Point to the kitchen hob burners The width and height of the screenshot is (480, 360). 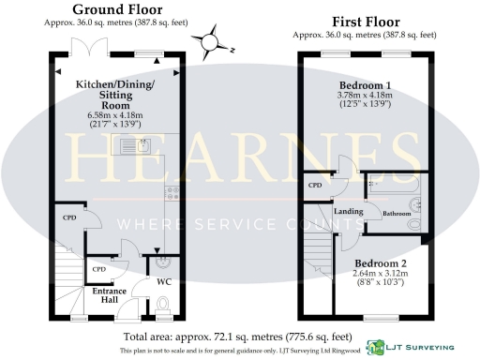[x=172, y=195]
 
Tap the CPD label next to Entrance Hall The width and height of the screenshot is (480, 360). [x=97, y=270]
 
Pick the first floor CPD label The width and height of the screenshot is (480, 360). [x=315, y=186]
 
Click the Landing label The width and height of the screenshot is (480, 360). [x=349, y=211]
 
